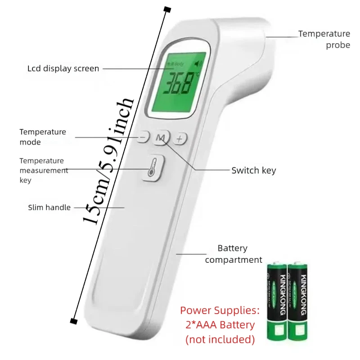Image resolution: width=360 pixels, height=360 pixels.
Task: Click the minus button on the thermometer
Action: (143, 137)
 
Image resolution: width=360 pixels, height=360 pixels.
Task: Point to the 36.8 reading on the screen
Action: (177, 83)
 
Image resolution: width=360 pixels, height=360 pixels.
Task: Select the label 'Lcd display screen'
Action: (63, 69)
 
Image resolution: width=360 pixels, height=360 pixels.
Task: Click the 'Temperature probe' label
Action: (324, 39)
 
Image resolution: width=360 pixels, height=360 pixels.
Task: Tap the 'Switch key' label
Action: (253, 171)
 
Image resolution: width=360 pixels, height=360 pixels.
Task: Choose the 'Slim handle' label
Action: (49, 207)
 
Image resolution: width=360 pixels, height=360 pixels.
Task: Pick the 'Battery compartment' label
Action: (233, 254)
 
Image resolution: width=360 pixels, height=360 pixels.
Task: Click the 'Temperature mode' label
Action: (42, 137)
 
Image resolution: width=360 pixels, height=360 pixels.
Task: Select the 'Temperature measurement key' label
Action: (43, 171)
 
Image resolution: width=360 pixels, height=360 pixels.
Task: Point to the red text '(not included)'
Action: (220, 339)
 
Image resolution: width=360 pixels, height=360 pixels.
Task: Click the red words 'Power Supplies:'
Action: (220, 310)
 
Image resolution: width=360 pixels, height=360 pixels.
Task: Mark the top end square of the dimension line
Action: (167, 9)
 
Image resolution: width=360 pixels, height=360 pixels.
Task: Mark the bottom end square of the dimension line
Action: (72, 320)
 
